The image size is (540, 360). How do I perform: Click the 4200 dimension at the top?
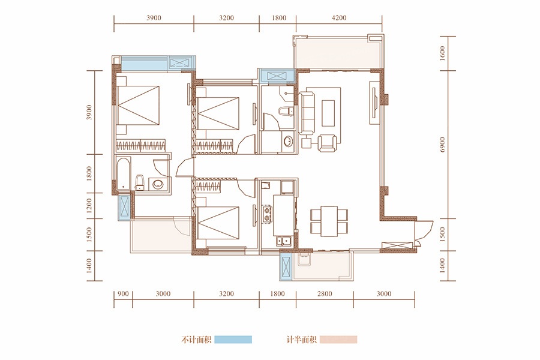click(x=339, y=17)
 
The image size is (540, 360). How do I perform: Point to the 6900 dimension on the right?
click(x=443, y=145)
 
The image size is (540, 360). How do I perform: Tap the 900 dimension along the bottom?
click(x=123, y=294)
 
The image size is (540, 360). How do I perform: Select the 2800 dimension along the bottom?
click(x=325, y=294)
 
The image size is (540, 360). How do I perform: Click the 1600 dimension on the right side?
click(x=443, y=53)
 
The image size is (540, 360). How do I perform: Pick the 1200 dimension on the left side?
click(x=89, y=206)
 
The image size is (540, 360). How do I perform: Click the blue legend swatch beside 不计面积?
click(x=233, y=340)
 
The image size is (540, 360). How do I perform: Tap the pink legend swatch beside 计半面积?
click(x=338, y=340)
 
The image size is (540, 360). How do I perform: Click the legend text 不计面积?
click(x=196, y=340)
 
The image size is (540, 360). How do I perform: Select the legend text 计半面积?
click(x=302, y=340)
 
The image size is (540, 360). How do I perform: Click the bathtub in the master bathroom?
click(x=123, y=173)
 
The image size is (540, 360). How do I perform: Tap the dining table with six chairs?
click(x=329, y=221)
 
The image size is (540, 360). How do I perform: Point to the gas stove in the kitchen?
click(x=267, y=214)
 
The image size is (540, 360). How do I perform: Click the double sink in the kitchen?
click(x=284, y=241)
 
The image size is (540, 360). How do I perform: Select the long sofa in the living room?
click(x=307, y=113)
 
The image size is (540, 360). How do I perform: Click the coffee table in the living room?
click(x=328, y=113)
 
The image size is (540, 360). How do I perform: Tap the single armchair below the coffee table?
click(x=327, y=143)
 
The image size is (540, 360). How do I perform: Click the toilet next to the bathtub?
click(x=139, y=182)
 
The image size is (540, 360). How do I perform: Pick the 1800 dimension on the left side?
click(x=89, y=173)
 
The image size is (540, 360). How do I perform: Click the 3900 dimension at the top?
click(x=154, y=17)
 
